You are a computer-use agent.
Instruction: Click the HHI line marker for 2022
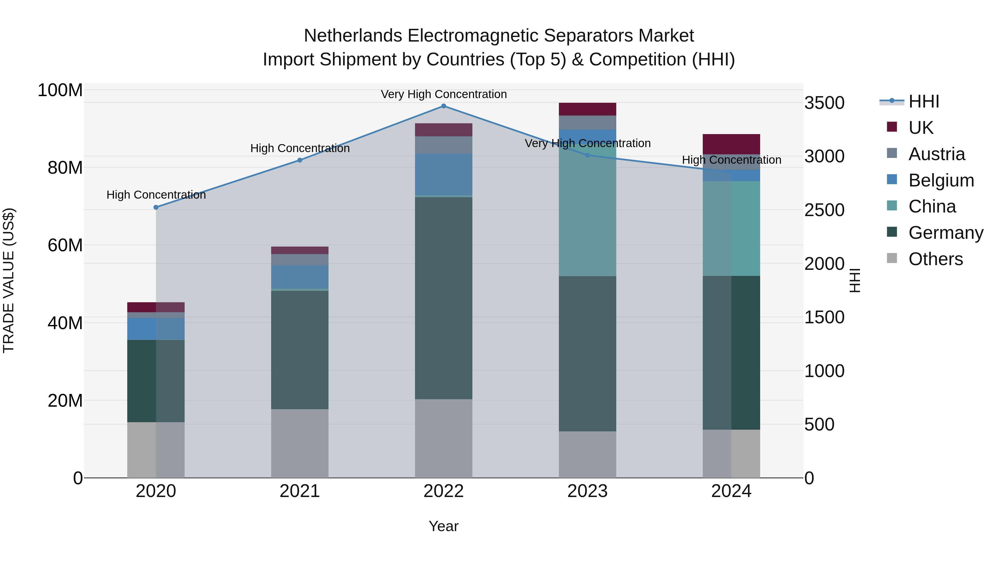[x=444, y=106]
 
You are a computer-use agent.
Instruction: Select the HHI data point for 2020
[x=156, y=208]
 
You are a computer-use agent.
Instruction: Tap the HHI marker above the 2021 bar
[x=300, y=160]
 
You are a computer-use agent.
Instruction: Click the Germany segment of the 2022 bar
[x=444, y=298]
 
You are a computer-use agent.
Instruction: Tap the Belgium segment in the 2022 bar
[x=444, y=174]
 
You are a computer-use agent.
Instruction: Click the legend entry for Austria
[x=936, y=154]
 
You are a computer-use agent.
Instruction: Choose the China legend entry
[x=932, y=206]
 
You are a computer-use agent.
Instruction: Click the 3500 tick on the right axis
[x=824, y=103]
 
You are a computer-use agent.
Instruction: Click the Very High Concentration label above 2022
[x=444, y=94]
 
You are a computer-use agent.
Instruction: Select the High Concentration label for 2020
[x=156, y=195]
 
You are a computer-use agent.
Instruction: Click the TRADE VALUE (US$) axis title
[x=9, y=280]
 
